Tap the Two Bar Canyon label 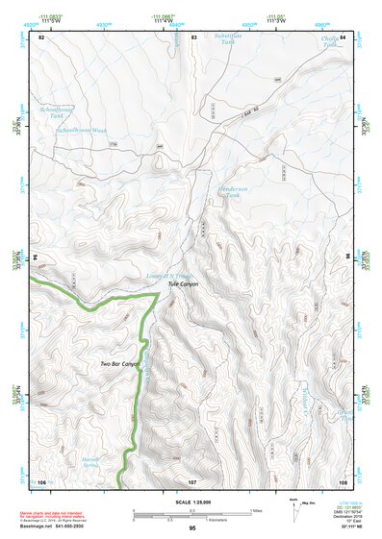coord(119,365)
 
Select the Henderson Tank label coord(234,191)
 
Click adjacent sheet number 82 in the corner coord(41,37)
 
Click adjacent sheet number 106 coord(41,480)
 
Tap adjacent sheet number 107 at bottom coord(192,480)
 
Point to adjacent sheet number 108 coord(343,480)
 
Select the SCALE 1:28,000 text coord(192,502)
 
